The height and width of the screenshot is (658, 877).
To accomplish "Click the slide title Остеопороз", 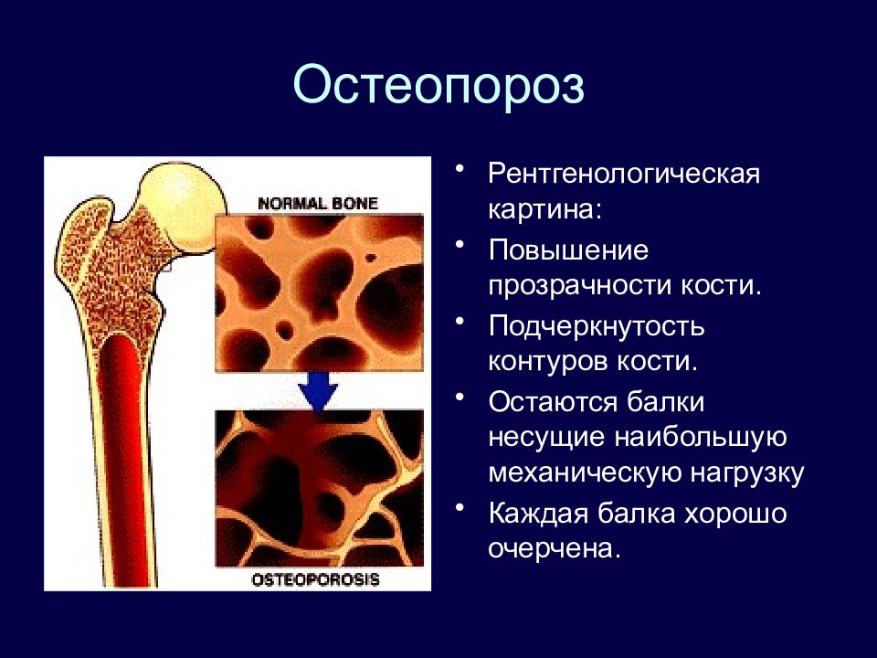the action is (x=438, y=85).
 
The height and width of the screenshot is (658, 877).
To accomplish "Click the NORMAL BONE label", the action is (x=318, y=203).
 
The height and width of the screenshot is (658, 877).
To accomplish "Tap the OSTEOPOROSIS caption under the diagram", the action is (x=315, y=579).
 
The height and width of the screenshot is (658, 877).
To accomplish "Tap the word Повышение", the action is (x=569, y=250).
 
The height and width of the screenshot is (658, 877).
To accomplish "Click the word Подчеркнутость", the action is (x=597, y=327).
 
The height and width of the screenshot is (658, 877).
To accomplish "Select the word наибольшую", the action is (x=701, y=439).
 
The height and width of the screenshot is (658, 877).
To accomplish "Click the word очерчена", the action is (x=555, y=549).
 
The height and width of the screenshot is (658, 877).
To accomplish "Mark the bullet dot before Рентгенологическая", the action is (x=460, y=168).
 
